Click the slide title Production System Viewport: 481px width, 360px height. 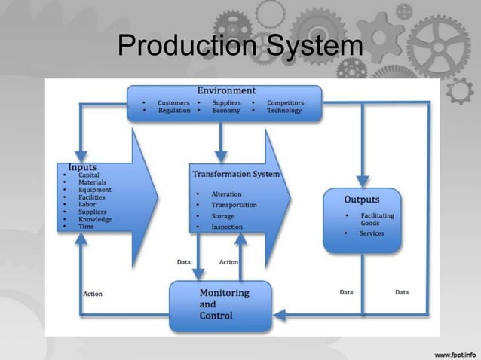click(x=240, y=47)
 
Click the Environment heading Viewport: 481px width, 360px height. click(x=226, y=91)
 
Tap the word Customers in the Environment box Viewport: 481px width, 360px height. click(x=173, y=102)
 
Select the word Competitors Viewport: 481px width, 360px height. click(x=286, y=102)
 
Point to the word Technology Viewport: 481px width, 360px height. click(x=284, y=111)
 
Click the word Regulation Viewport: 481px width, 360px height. click(x=174, y=111)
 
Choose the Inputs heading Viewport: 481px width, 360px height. click(x=82, y=166)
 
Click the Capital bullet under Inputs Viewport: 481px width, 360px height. click(x=88, y=175)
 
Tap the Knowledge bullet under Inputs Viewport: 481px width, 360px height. click(x=95, y=219)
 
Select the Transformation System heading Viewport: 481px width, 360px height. click(x=236, y=174)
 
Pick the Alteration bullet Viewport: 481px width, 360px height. click(x=226, y=194)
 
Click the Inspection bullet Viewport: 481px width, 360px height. click(x=227, y=227)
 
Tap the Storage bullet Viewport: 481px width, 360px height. click(x=222, y=216)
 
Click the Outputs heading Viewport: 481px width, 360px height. click(x=362, y=200)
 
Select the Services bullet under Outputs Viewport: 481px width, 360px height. click(x=372, y=233)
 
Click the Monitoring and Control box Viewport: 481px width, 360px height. click(x=219, y=304)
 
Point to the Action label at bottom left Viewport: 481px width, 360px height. click(x=92, y=294)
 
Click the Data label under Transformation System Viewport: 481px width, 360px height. click(x=183, y=262)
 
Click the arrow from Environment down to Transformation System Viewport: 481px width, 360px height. click(x=221, y=140)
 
